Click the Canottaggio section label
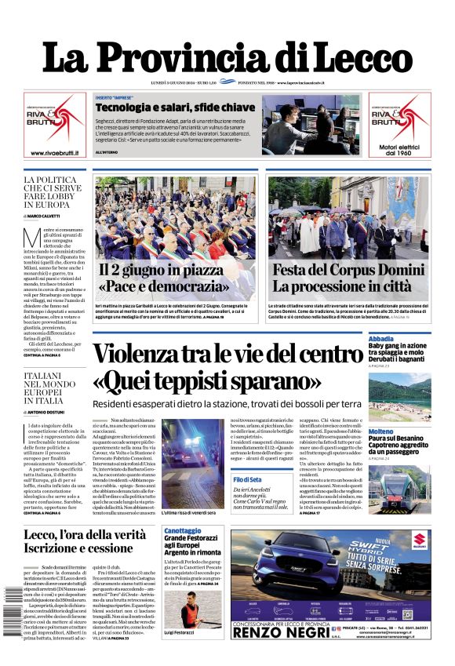[x=182, y=531]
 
